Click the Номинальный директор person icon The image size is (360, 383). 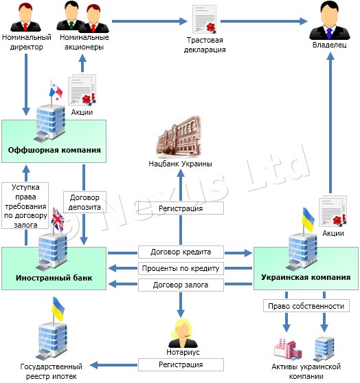click(25, 17)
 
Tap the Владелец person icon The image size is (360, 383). click(330, 21)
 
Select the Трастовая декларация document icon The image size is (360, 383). click(205, 19)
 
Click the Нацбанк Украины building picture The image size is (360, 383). click(179, 138)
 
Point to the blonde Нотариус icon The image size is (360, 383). click(183, 333)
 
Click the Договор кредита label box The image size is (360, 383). click(181, 252)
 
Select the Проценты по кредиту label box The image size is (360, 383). click(181, 268)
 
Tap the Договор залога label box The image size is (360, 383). click(181, 285)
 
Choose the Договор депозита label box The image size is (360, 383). click(85, 202)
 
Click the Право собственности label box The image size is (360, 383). click(306, 306)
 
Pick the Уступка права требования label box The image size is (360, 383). click(25, 206)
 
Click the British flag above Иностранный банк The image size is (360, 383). click(58, 220)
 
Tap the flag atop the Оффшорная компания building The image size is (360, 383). click(56, 91)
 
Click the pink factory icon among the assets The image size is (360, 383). click(287, 349)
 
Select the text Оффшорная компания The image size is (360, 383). click(54, 150)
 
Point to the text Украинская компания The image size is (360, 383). click(306, 277)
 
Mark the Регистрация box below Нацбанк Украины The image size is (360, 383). click(181, 208)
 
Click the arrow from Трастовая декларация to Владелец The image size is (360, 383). click(264, 21)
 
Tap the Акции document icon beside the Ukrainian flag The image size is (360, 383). click(333, 210)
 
